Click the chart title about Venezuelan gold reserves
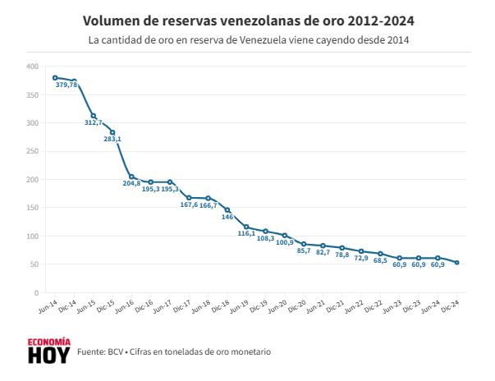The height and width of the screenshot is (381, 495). [x=248, y=20]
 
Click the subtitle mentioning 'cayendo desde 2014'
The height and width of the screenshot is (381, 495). [x=248, y=39]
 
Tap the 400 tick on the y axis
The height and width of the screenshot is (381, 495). [x=32, y=67]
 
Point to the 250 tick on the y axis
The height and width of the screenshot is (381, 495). [x=32, y=151]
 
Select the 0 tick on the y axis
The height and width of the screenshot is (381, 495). [x=36, y=293]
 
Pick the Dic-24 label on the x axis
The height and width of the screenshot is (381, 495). [x=451, y=306]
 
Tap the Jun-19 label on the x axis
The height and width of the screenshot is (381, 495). [x=240, y=306]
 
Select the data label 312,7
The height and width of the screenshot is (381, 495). [x=94, y=122]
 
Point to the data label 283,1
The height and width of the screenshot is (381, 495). [x=112, y=139]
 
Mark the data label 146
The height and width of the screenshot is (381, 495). [x=227, y=217]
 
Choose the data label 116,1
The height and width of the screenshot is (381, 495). [x=246, y=233]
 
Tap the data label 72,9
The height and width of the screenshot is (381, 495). [x=361, y=258]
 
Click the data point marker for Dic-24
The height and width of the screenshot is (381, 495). [x=457, y=263]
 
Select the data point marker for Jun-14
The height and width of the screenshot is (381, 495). [x=55, y=78]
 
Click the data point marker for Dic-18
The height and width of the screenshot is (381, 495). [x=227, y=210]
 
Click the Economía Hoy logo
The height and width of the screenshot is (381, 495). [x=48, y=351]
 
